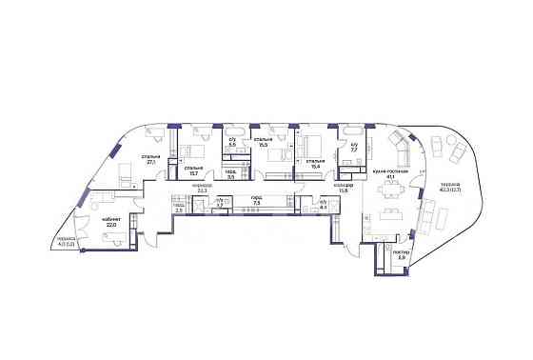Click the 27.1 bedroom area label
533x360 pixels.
tap(150, 160)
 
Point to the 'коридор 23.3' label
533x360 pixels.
tap(203, 189)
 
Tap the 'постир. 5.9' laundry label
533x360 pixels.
tap(376, 256)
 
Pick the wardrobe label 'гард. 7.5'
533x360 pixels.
tap(256, 201)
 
